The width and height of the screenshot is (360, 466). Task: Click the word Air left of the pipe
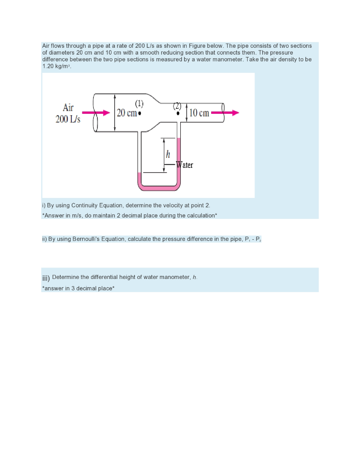pyautogui.click(x=68, y=107)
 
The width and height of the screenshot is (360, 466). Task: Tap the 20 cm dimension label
pyautogui.click(x=127, y=113)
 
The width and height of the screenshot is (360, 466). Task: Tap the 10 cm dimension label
pyautogui.click(x=199, y=113)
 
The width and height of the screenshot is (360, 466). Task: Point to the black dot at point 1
pyautogui.click(x=140, y=113)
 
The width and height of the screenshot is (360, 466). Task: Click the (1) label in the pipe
pyautogui.click(x=140, y=102)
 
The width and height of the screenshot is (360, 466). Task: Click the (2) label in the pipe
pyautogui.click(x=177, y=105)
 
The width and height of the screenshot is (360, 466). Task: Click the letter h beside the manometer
pyautogui.click(x=168, y=153)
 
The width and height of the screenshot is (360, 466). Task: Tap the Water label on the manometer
pyautogui.click(x=185, y=165)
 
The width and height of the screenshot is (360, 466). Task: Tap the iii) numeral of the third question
pyautogui.click(x=46, y=278)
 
